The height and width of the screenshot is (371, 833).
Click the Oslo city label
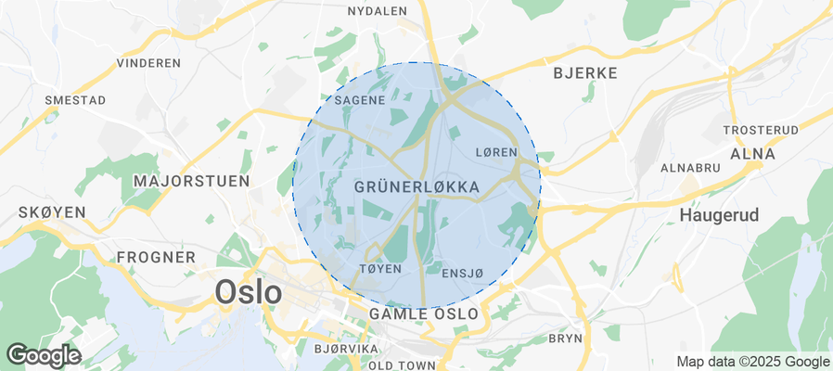(x=248, y=292)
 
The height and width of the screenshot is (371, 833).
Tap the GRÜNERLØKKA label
(x=416, y=187)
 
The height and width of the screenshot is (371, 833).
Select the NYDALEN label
(x=377, y=11)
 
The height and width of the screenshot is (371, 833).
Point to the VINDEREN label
(x=148, y=63)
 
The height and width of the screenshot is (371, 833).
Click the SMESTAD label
(x=75, y=99)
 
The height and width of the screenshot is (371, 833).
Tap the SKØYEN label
(x=52, y=212)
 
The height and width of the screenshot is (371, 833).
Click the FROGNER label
(x=156, y=257)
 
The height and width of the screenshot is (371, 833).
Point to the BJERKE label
(x=584, y=72)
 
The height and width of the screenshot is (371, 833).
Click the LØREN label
(x=494, y=152)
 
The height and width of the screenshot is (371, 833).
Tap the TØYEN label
(x=379, y=269)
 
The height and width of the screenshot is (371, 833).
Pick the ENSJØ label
(x=463, y=273)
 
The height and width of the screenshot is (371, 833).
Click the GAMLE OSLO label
(x=424, y=314)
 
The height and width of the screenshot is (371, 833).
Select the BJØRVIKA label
(x=347, y=349)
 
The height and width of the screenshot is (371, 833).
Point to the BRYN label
(x=565, y=339)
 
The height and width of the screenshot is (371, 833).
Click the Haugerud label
(x=719, y=215)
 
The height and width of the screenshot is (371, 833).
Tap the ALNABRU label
(x=690, y=168)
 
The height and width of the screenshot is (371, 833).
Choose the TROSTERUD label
(x=760, y=130)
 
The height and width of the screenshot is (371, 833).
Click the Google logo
(x=43, y=354)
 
